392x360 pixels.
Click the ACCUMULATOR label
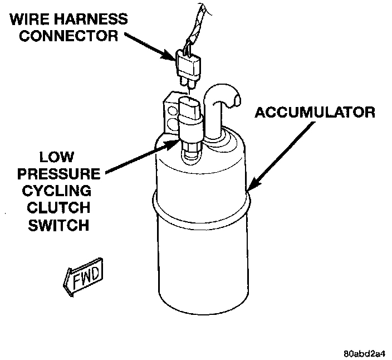coord(314,112)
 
